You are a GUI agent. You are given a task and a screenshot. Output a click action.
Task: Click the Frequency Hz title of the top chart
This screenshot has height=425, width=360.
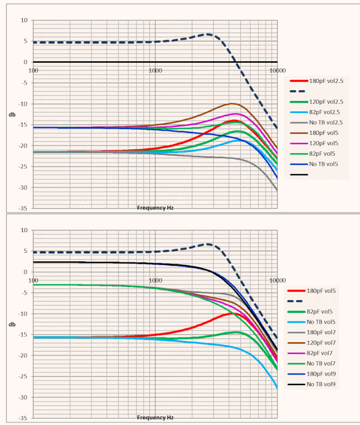pyautogui.click(x=155, y=208)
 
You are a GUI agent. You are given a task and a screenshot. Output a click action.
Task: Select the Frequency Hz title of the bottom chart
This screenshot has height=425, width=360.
pyautogui.click(x=155, y=418)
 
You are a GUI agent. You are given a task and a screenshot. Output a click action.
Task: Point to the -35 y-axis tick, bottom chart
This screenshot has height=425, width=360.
pyautogui.click(x=23, y=418)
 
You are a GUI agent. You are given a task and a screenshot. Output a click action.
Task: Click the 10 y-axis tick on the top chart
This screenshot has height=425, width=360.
pyautogui.click(x=24, y=20)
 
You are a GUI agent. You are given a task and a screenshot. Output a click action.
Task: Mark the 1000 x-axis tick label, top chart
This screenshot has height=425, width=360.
pyautogui.click(x=155, y=71)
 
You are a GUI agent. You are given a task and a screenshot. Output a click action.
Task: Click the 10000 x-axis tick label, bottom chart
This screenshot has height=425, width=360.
pyautogui.click(x=277, y=280)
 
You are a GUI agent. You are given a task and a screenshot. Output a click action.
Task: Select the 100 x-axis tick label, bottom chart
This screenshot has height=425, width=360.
pyautogui.click(x=33, y=280)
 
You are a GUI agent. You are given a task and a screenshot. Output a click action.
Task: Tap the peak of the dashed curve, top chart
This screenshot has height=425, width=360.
pyautogui.click(x=208, y=35)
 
